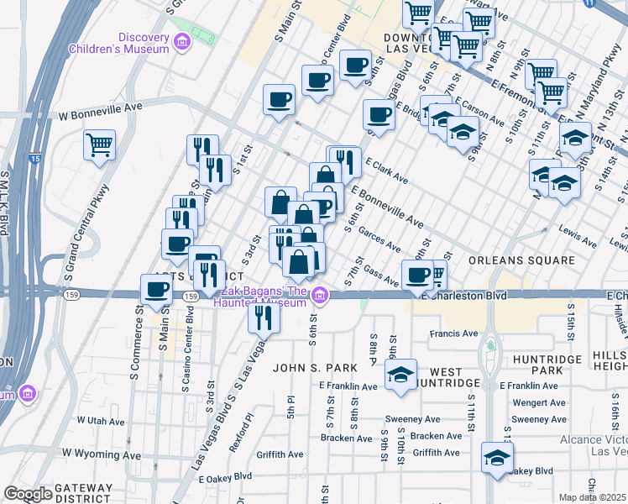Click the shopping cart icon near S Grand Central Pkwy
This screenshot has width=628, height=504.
100,144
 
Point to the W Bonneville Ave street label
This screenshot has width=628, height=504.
101,108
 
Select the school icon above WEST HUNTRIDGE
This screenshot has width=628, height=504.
401,374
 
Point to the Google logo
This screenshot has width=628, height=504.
28,494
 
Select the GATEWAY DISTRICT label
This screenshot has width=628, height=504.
83,493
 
